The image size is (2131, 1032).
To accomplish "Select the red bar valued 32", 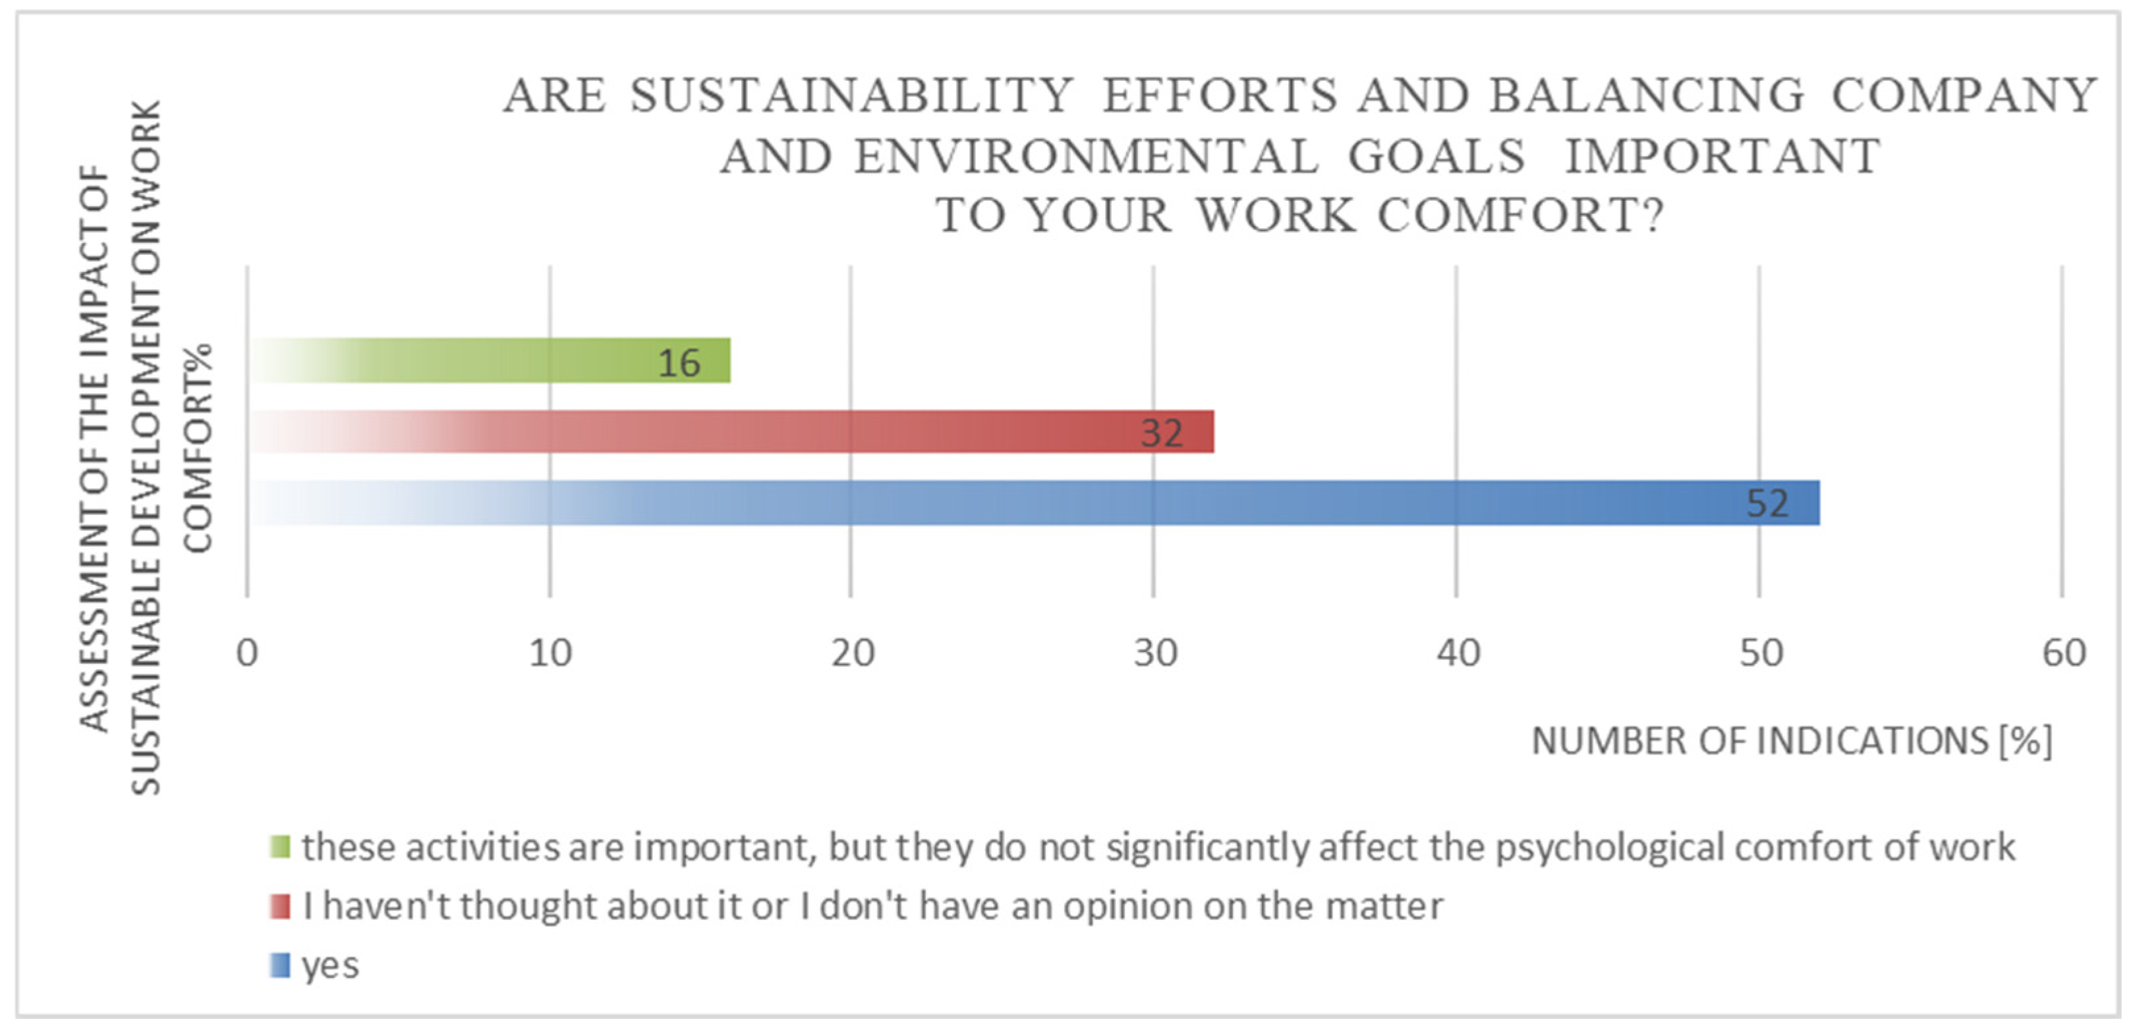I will [732, 431].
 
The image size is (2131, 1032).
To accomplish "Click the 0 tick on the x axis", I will [247, 654].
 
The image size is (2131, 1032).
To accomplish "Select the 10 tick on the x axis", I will [550, 654].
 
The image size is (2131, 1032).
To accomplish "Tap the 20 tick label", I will [853, 654].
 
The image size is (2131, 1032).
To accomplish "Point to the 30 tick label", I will [1155, 654].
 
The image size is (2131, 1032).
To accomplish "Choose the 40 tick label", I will [1458, 654].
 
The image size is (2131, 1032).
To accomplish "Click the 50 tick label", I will [1761, 654].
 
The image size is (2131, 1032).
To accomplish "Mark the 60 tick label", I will [2063, 654].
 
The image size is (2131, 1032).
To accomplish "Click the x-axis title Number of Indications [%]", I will [1792, 741].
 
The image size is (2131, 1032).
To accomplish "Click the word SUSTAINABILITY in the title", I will [852, 96].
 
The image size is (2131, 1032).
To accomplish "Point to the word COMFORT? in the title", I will [1520, 217].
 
